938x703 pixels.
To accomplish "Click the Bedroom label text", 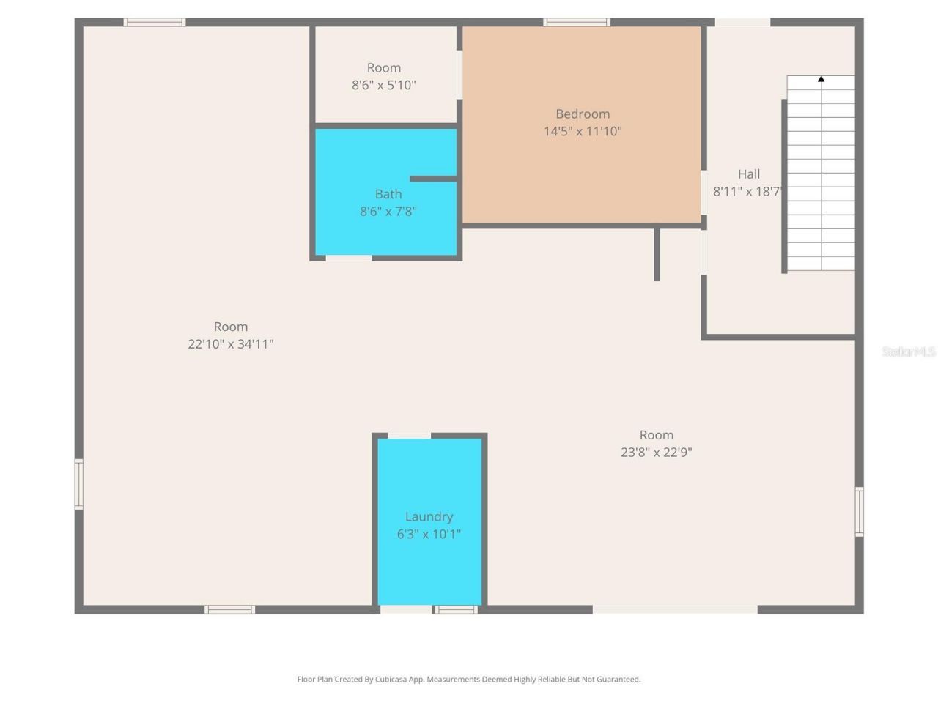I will click(x=583, y=114).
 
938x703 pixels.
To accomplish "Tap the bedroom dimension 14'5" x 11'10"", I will click(x=583, y=132).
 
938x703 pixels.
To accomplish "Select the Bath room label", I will click(x=388, y=194).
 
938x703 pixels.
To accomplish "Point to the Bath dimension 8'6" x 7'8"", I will click(x=388, y=212).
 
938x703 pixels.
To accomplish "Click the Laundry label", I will click(x=429, y=517).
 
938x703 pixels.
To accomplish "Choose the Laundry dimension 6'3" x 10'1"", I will click(x=429, y=535).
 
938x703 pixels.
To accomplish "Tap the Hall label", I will click(x=748, y=174).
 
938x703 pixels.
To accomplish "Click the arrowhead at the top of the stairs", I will click(x=821, y=78).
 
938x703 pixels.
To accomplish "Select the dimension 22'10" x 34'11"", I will click(x=231, y=344).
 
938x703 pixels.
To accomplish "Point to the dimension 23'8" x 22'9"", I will click(x=656, y=453).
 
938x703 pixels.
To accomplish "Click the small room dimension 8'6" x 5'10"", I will click(x=384, y=85).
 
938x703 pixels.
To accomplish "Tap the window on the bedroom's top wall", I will click(x=577, y=23).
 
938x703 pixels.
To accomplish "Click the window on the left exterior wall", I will click(x=79, y=484).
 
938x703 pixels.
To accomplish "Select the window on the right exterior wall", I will click(x=859, y=511).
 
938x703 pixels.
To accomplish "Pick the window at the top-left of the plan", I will click(x=154, y=23).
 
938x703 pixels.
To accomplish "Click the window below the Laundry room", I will click(x=455, y=609).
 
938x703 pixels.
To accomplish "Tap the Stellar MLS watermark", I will click(x=908, y=352).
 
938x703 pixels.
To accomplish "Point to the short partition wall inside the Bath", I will click(x=433, y=179).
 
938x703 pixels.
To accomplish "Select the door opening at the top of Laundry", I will click(x=409, y=436).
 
